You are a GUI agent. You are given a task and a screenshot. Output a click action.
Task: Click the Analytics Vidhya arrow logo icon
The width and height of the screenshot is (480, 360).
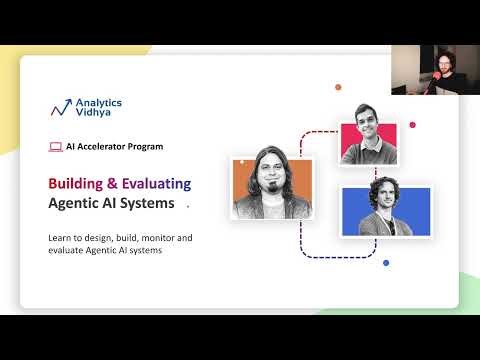coord(62,106)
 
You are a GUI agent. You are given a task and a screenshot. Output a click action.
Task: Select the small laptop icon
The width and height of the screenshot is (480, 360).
coord(55,146)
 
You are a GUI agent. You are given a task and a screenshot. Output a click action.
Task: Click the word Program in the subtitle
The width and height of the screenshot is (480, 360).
coord(147,146)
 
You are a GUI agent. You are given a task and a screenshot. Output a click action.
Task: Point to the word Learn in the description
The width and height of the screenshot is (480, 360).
coord(60,237)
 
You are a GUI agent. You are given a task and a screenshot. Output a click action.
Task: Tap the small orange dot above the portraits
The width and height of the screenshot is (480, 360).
coord(338,87)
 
